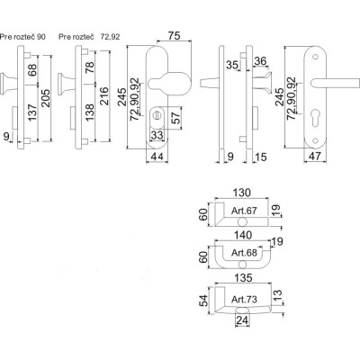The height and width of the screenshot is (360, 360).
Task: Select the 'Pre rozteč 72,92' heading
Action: [x=88, y=37]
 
